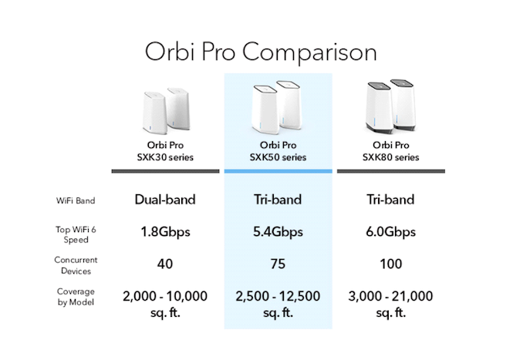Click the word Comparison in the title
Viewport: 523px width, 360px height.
click(309, 52)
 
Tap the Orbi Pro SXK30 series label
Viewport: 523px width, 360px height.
click(165, 151)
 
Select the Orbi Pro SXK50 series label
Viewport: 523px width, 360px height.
click(278, 151)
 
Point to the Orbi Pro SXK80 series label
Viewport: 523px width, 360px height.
click(390, 151)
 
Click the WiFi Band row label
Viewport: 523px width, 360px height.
click(76, 200)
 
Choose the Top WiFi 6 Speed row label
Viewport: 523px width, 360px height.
click(76, 234)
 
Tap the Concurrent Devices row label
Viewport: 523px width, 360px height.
click(76, 265)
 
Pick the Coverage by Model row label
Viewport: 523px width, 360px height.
click(76, 297)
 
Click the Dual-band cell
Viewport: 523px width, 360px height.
click(165, 200)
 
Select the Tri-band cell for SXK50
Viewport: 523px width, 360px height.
click(278, 200)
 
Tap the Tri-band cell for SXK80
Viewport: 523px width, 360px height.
click(390, 200)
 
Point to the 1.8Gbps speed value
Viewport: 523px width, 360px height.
click(165, 232)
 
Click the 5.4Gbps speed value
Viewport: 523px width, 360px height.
click(278, 232)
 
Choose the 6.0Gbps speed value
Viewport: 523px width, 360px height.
click(390, 232)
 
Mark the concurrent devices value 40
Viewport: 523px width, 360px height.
click(165, 264)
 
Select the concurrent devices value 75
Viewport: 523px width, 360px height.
click(278, 264)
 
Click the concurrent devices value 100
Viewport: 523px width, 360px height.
click(391, 264)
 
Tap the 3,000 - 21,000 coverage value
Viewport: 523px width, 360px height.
click(390, 304)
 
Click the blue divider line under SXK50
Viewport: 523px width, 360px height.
click(278, 171)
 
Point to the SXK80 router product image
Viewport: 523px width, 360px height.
click(390, 106)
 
